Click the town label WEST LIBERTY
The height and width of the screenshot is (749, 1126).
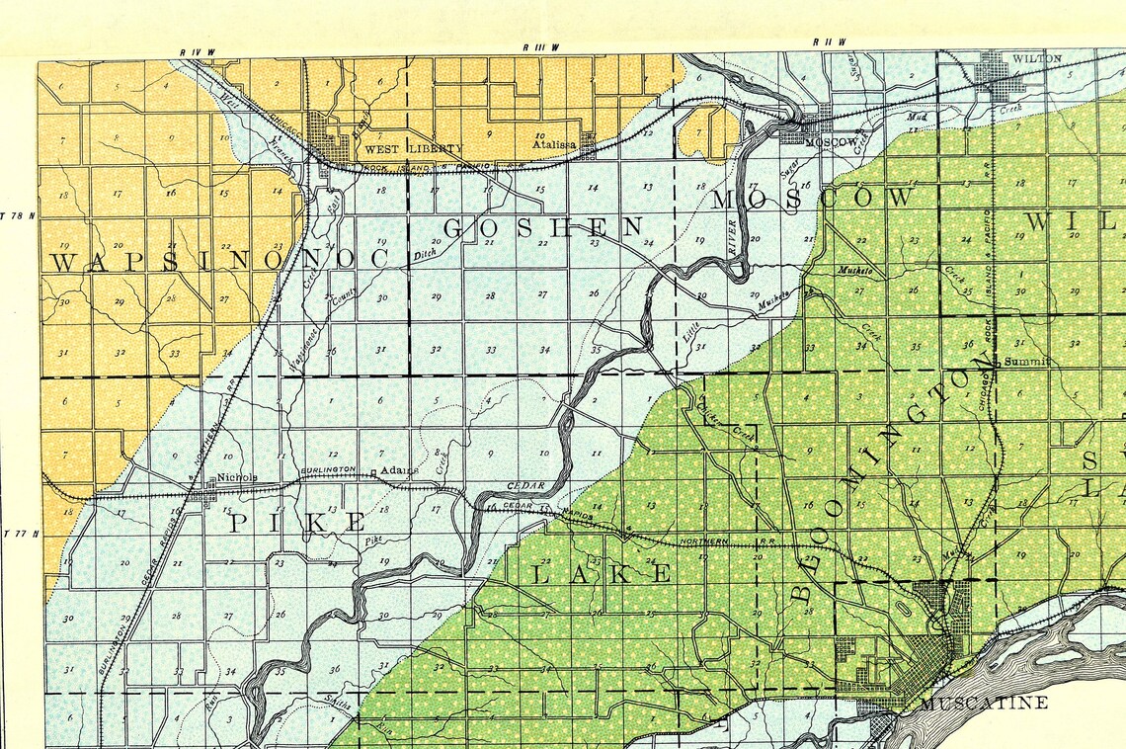click(x=399, y=149)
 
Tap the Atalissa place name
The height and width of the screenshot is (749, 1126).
click(x=554, y=144)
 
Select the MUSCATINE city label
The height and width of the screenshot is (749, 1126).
click(x=983, y=704)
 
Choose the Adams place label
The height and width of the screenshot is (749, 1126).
click(x=399, y=470)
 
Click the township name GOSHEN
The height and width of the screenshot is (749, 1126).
click(x=544, y=227)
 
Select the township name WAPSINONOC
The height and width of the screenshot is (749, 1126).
click(x=227, y=262)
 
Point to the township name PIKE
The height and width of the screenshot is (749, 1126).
click(x=297, y=523)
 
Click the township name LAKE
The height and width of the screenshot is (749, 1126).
click(x=603, y=574)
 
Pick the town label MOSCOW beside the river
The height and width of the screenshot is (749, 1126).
click(x=829, y=143)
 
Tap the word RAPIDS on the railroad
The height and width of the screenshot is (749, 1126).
click(x=581, y=514)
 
